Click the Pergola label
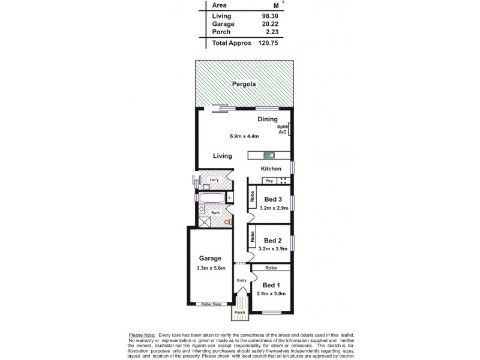245,85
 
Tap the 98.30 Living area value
269,16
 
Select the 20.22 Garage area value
269,24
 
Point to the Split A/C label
282,129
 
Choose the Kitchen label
271,169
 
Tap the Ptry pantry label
269,181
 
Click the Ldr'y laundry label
212,179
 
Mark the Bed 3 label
273,199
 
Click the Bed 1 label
271,285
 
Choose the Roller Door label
212,304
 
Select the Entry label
242,280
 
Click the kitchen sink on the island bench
263,155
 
